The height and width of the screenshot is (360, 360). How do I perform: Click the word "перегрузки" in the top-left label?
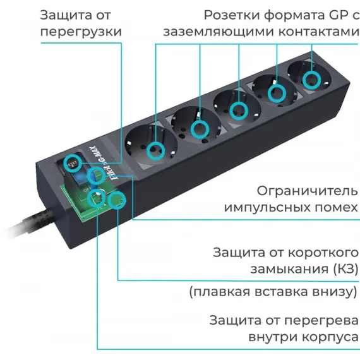point(81,32)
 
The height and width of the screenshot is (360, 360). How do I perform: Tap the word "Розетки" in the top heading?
point(232,15)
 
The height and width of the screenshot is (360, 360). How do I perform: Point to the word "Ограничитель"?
point(307,191)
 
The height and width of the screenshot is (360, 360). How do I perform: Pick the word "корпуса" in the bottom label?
point(330,337)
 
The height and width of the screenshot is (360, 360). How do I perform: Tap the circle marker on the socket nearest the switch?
point(156,150)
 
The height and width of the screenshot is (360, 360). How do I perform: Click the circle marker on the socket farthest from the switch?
point(311,80)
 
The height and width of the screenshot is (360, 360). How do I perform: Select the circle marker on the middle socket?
point(239,111)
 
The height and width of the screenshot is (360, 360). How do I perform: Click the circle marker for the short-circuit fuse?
point(117,200)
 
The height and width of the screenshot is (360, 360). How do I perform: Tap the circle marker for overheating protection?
point(97,198)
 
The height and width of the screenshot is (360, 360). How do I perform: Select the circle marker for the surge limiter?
point(97,176)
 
